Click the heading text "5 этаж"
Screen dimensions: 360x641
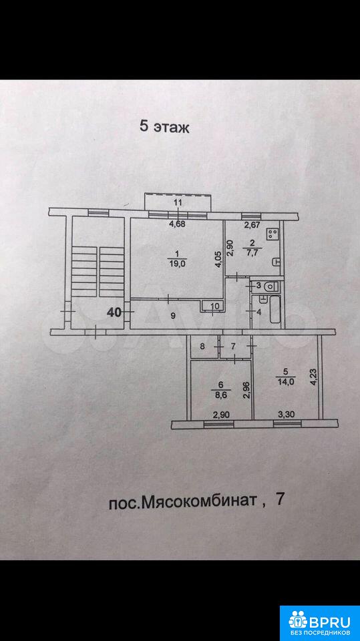click(165, 127)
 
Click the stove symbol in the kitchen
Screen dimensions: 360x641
click(272, 234)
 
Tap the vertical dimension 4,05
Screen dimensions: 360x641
click(219, 258)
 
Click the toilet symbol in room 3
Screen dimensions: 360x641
click(271, 287)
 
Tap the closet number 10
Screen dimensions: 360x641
click(215, 305)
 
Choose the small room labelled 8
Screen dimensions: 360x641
click(202, 347)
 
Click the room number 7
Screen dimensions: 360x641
click(233, 347)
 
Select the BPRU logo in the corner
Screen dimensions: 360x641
click(319, 623)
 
